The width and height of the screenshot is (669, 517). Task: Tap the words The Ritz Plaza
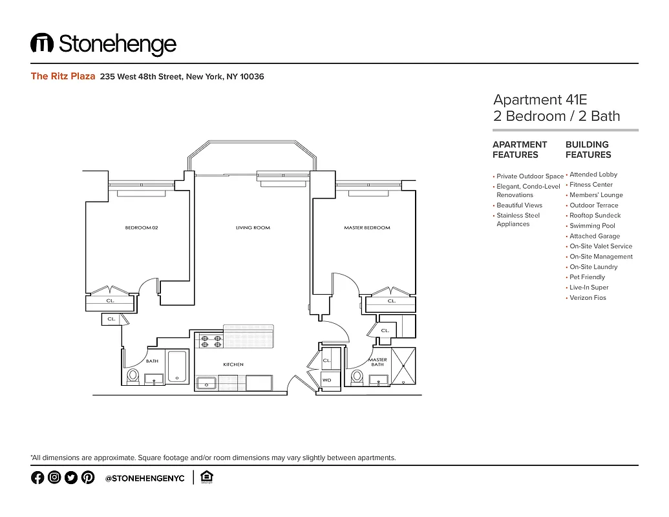click(x=63, y=76)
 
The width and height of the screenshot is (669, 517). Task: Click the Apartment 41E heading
click(x=540, y=100)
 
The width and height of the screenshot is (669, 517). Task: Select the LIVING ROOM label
click(x=253, y=227)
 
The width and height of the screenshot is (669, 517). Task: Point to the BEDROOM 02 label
click(x=142, y=227)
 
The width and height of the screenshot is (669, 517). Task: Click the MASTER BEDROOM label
click(x=366, y=227)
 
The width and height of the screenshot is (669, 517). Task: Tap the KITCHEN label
click(x=233, y=364)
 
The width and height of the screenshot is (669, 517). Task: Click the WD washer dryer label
click(x=327, y=380)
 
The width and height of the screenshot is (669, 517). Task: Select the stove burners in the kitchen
click(x=209, y=341)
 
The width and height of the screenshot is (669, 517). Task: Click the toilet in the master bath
click(x=356, y=376)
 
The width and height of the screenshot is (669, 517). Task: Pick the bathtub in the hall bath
click(x=176, y=366)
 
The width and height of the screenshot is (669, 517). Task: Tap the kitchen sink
click(x=207, y=383)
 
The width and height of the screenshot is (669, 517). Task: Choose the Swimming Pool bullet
click(x=592, y=226)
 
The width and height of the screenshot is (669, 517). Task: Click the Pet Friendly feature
click(x=587, y=277)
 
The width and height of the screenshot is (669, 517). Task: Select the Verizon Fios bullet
click(x=588, y=297)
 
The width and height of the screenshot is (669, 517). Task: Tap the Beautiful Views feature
click(x=519, y=205)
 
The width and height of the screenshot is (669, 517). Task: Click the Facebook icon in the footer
click(x=37, y=478)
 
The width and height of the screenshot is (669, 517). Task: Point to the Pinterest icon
click(x=88, y=478)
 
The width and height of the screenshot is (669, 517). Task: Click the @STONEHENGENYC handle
click(x=145, y=478)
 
